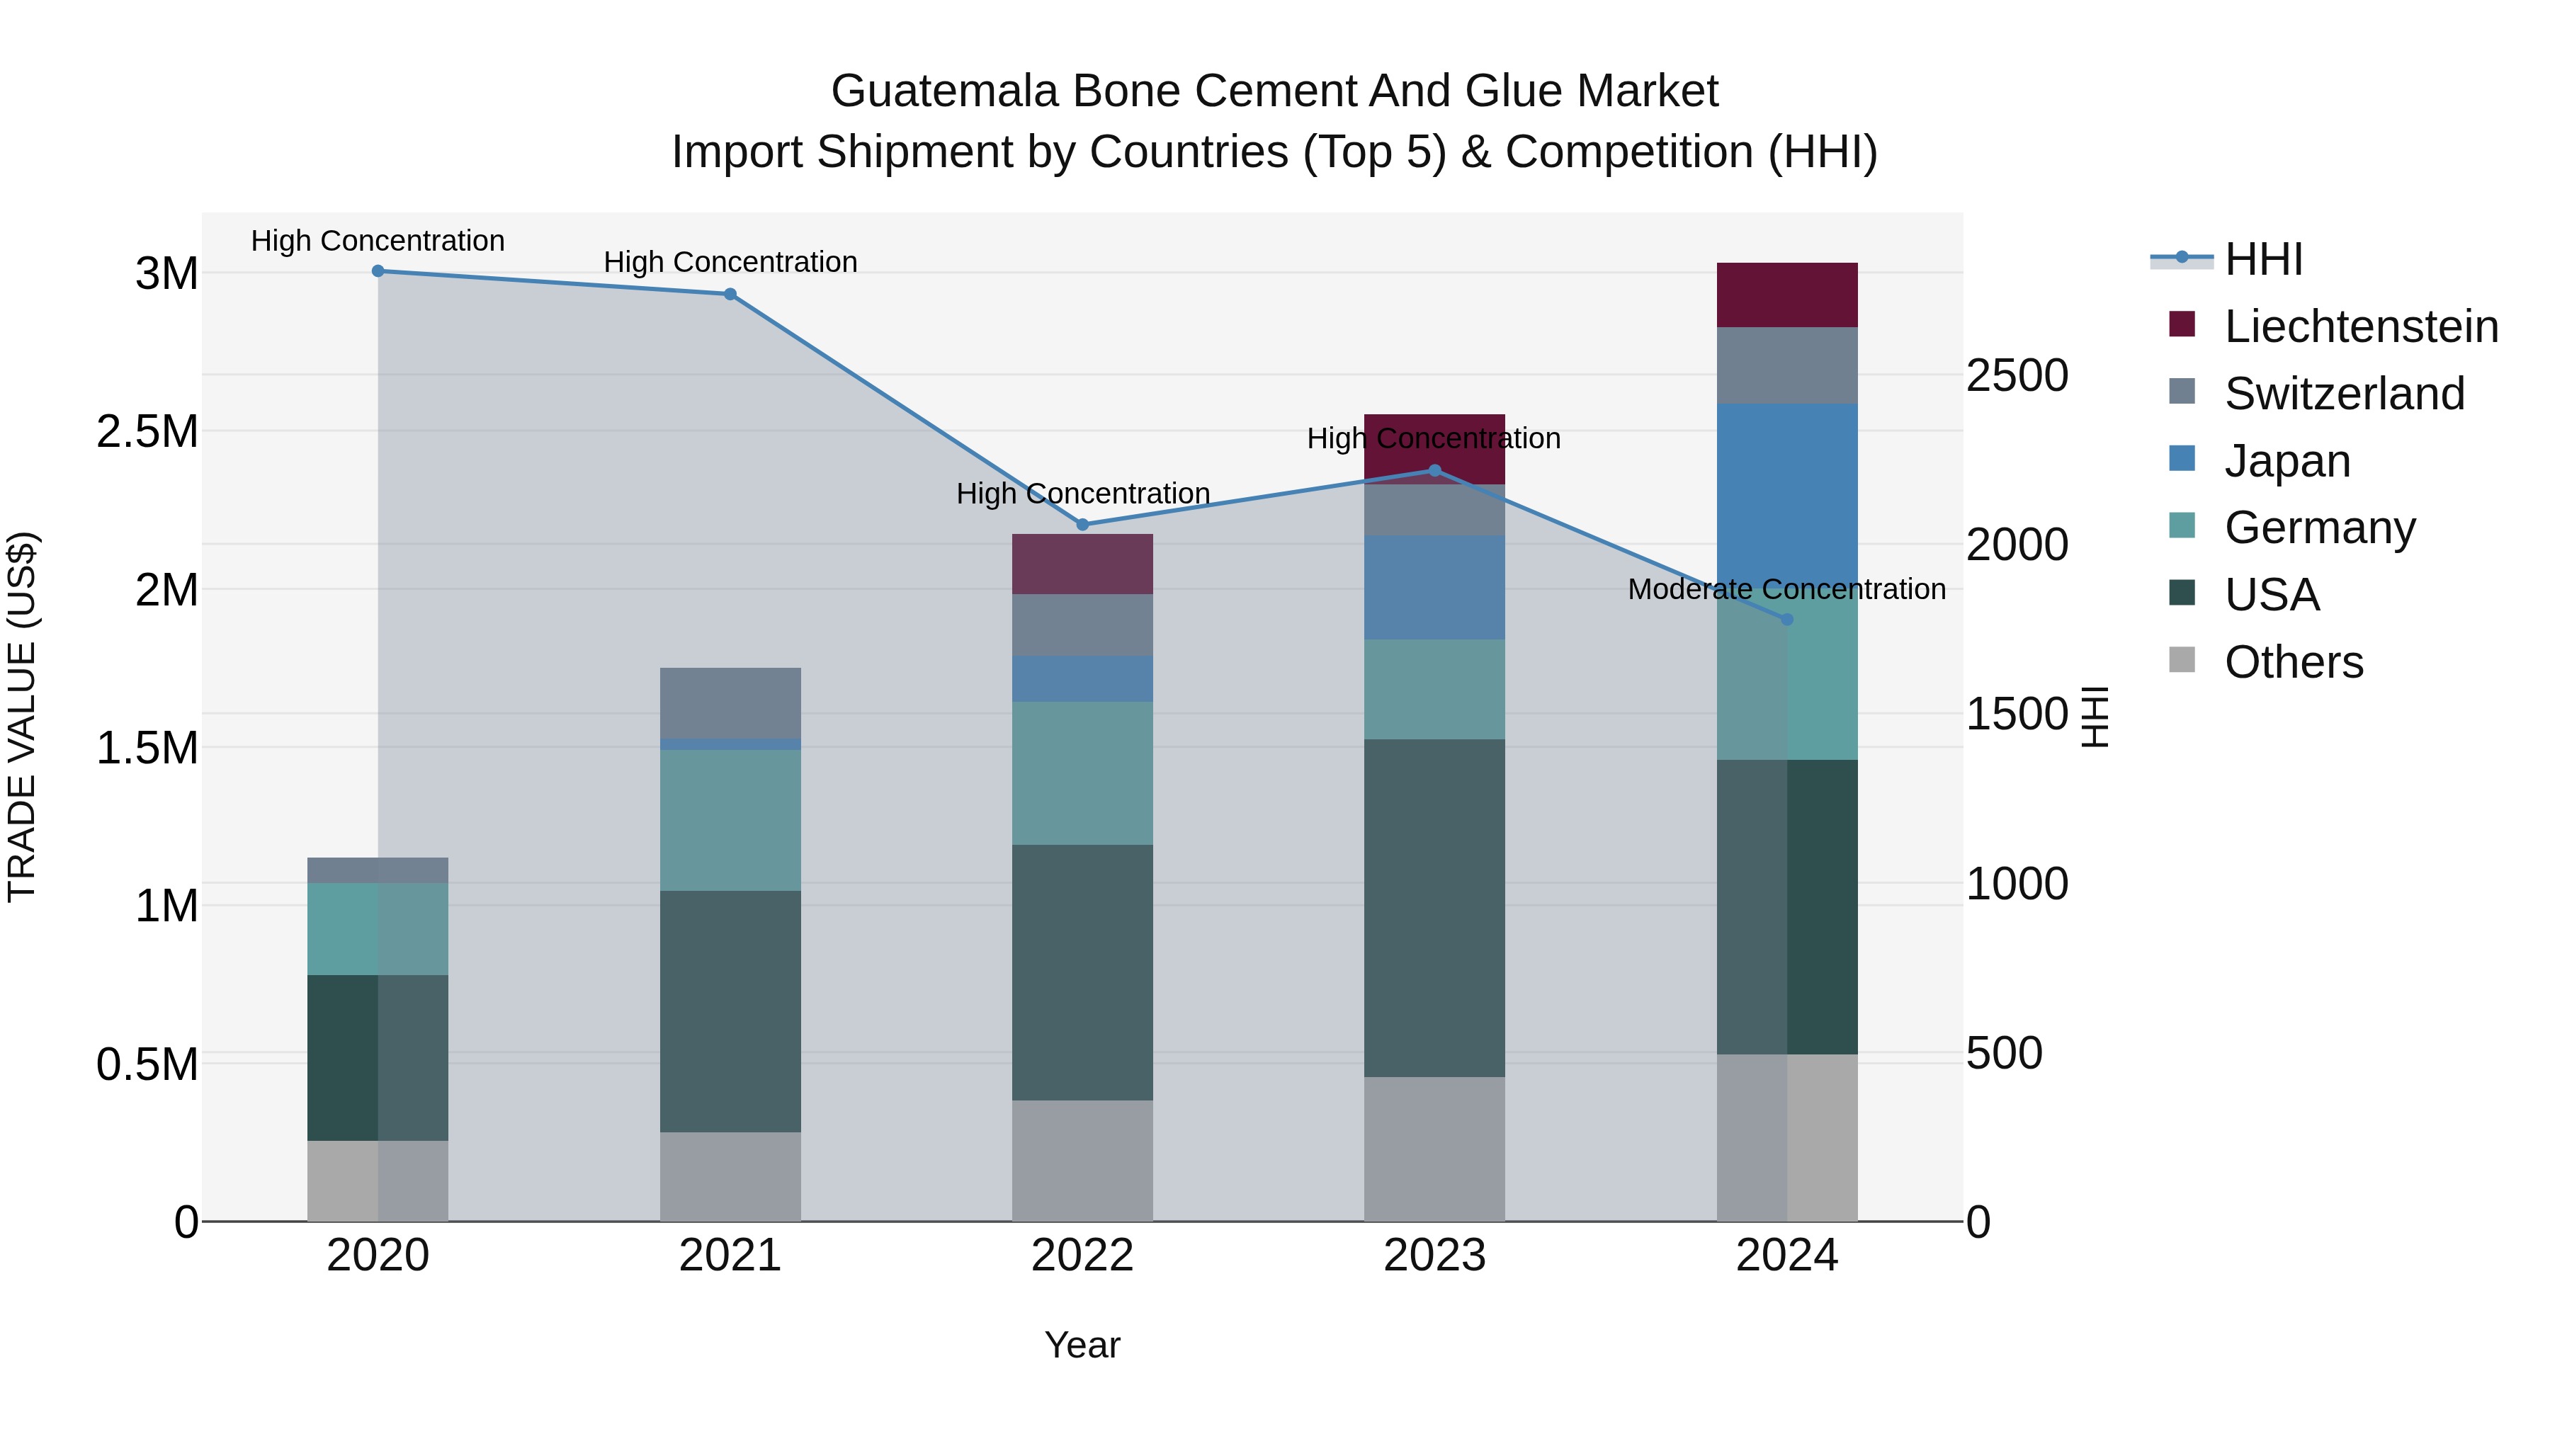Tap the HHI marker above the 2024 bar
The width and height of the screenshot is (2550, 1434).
1787,620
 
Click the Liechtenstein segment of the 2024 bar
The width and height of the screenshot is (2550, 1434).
1787,295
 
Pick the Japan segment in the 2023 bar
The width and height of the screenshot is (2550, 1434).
1434,588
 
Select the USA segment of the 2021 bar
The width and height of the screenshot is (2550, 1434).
730,1011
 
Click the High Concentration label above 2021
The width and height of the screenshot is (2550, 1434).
730,262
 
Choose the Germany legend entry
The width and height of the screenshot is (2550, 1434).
2319,528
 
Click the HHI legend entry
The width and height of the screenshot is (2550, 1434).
2263,259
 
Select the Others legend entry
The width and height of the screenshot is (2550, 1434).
2293,662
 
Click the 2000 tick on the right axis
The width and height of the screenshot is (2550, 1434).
2017,545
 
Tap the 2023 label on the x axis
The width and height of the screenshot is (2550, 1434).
1434,1256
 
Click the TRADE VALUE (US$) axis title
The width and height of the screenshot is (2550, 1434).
23,717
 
